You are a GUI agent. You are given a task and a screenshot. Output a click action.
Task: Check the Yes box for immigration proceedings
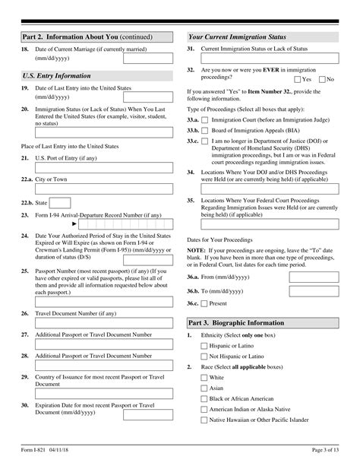pos(297,79)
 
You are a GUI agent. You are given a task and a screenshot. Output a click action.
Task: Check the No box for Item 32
pos(323,79)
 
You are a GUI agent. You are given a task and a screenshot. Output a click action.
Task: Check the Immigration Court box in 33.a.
pos(204,120)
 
